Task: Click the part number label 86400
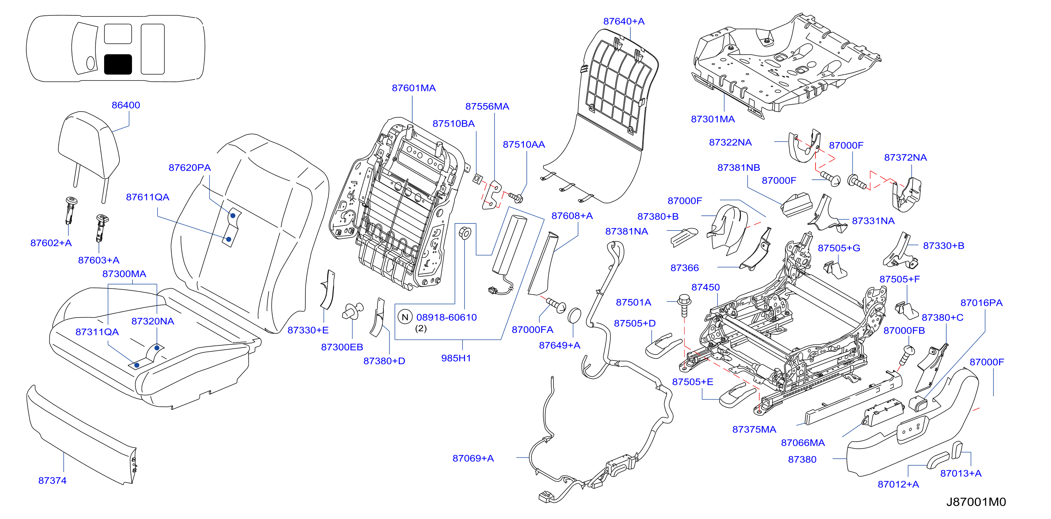click(x=126, y=105)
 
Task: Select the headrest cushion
click(x=89, y=145)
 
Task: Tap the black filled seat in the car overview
click(x=118, y=64)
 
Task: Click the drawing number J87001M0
click(x=976, y=502)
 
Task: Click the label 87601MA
click(x=414, y=88)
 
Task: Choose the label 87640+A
click(x=624, y=21)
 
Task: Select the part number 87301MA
click(x=713, y=119)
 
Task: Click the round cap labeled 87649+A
click(x=574, y=316)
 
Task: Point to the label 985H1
click(x=456, y=358)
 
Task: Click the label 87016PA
click(x=981, y=303)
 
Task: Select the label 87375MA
click(x=754, y=429)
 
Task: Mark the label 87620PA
click(x=190, y=168)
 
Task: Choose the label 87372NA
click(x=905, y=158)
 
